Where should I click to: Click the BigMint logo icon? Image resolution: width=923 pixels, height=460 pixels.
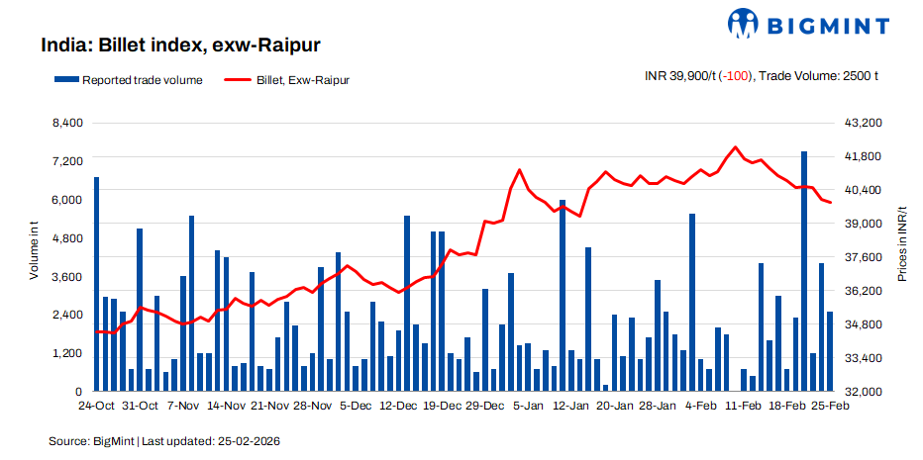pos(745,22)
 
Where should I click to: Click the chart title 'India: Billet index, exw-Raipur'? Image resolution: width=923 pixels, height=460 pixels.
pos(179,46)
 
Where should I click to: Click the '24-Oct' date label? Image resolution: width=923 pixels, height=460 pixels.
pos(96,406)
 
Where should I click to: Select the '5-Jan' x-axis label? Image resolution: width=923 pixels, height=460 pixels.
pos(525,406)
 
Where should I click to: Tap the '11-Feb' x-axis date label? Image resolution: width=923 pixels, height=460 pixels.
pos(743,406)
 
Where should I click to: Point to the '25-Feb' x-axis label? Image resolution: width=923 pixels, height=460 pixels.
pos(830,406)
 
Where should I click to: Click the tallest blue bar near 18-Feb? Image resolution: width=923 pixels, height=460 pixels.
pos(804,272)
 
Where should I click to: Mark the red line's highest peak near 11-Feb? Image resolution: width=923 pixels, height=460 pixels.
pos(735,147)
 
